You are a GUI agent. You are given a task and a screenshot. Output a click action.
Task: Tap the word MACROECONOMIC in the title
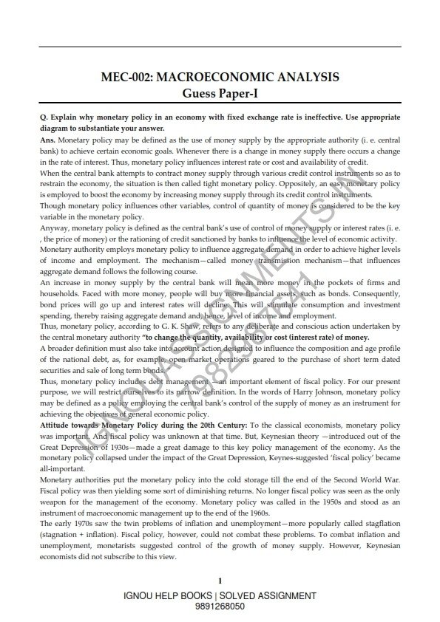tap(213, 77)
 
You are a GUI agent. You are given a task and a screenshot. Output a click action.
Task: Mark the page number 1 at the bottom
tap(220, 581)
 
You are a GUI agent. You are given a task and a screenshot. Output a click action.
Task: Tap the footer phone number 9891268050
tap(220, 606)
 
